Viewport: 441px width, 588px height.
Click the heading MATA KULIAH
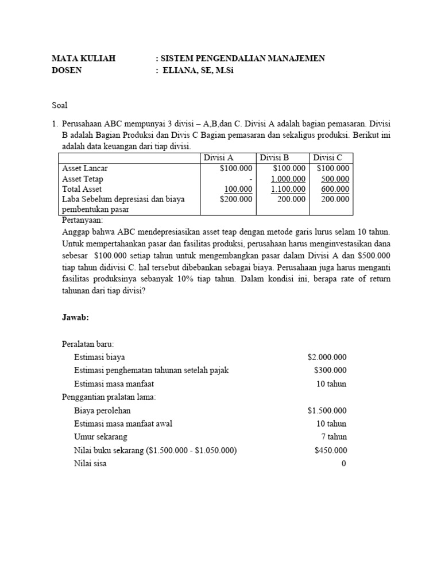84,59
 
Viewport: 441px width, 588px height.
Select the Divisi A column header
218,158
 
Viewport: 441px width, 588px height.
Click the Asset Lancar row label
85,168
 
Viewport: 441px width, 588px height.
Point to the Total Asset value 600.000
335,189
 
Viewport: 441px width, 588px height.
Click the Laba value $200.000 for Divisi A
236,199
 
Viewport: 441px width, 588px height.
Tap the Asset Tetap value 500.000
335,179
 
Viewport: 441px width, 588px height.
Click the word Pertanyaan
82,220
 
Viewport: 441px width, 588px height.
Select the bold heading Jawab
75,317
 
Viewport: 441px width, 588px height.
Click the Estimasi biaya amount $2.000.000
327,357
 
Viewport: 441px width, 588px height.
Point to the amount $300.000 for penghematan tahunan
330,370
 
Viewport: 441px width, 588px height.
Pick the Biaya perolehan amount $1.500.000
327,411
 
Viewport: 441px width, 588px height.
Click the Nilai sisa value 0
344,463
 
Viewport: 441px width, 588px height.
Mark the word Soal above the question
60,105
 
